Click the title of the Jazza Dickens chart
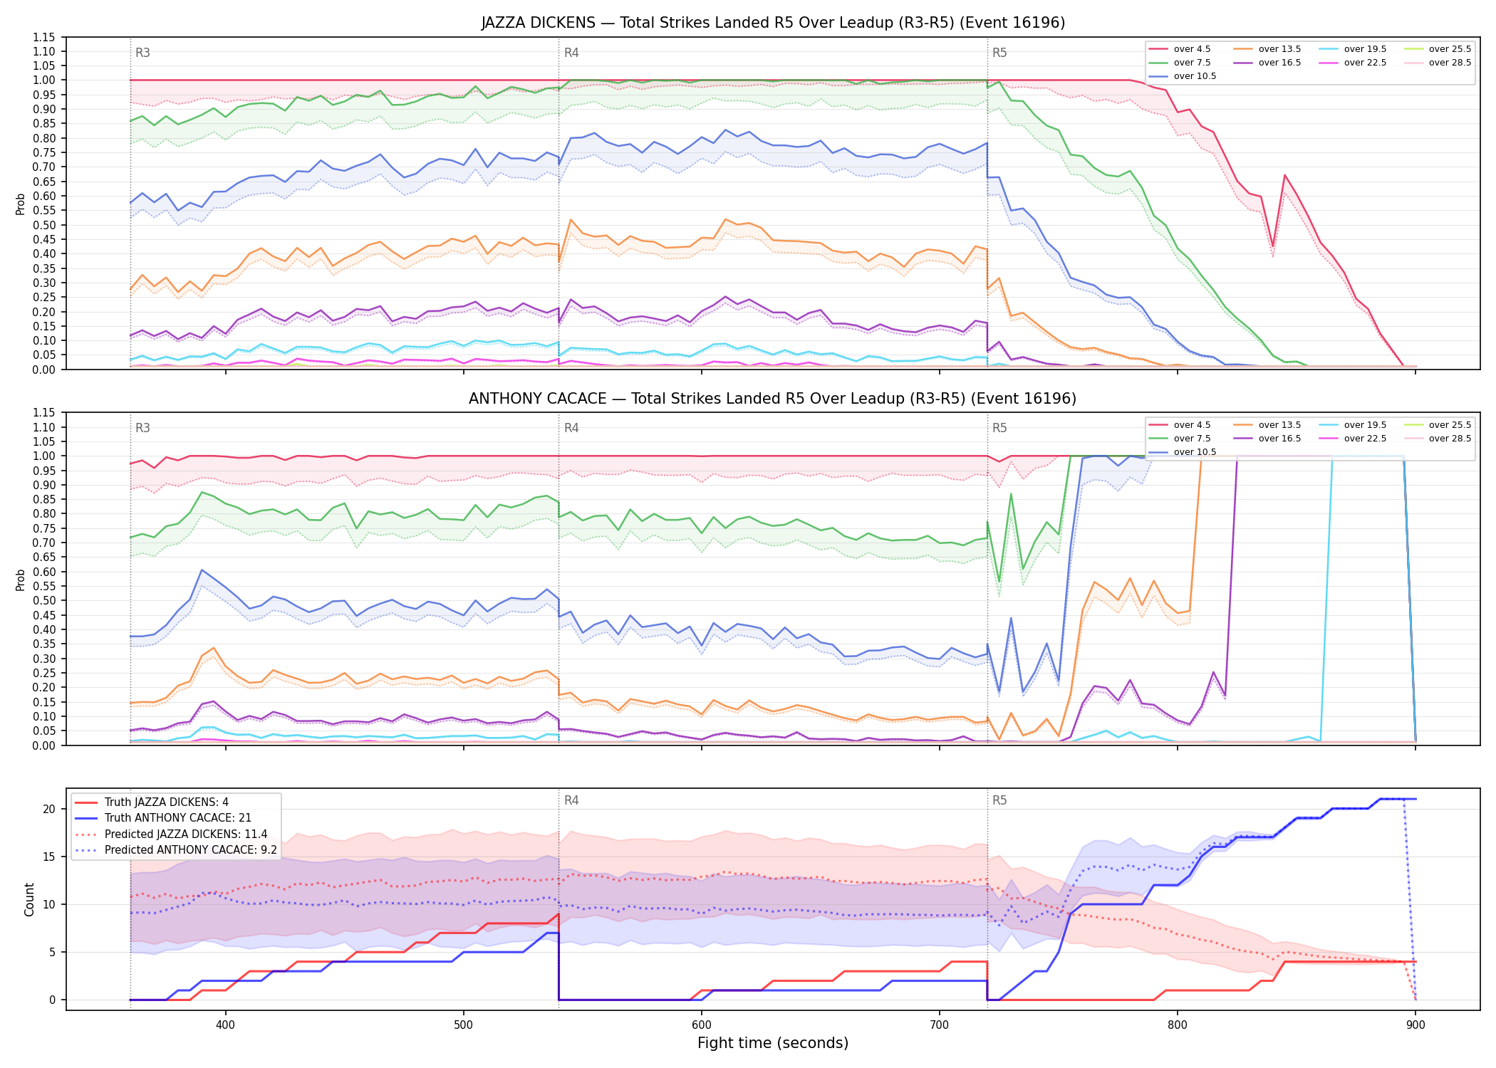773,23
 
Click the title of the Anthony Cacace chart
773,399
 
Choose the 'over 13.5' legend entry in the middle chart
1267,425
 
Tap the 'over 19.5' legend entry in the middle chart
1353,425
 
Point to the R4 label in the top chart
571,53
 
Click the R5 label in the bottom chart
999,800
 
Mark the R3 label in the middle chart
142,428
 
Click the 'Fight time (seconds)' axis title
773,1043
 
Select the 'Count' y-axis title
29,899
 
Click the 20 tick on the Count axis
48,809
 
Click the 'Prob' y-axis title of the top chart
21,204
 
